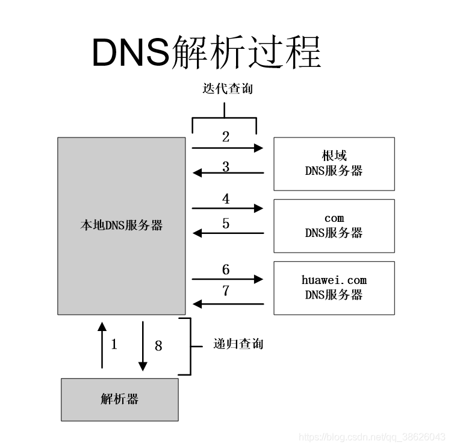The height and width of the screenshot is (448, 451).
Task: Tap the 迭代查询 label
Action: point(227,89)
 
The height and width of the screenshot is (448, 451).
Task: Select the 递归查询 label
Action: point(238,344)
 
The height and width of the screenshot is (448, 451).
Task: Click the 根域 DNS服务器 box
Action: point(334,163)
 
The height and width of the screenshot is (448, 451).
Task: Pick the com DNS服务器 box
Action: point(334,226)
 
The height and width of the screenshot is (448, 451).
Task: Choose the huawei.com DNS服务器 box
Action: point(334,288)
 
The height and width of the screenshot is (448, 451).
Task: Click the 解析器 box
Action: point(120,399)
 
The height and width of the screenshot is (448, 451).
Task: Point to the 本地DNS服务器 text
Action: point(121,226)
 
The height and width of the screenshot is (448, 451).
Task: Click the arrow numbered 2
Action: point(228,148)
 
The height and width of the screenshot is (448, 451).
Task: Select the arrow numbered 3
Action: point(228,173)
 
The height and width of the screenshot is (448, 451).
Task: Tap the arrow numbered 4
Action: point(228,208)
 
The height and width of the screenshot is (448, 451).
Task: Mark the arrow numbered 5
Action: point(228,233)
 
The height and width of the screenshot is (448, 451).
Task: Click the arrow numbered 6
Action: point(228,279)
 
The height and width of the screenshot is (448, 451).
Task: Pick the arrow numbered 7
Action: point(228,304)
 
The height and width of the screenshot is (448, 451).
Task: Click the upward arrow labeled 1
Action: point(102,344)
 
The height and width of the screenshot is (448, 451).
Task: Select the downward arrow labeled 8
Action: point(143,345)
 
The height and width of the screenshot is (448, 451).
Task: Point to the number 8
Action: point(158,345)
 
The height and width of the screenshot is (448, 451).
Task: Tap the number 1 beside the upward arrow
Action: point(114,344)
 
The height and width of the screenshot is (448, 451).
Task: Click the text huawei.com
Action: point(334,280)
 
